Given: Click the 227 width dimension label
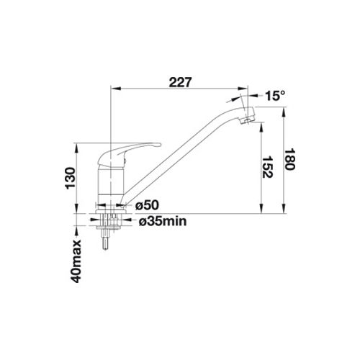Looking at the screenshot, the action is tap(181, 82).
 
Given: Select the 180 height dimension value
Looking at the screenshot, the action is tap(290, 159).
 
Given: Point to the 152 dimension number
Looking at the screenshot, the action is tap(267, 167).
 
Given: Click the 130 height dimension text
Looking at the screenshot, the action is tap(71, 178).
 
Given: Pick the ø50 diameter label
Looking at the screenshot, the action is tap(147, 205).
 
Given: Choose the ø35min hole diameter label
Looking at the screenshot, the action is tap(163, 221).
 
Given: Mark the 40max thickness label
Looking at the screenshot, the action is tap(76, 261).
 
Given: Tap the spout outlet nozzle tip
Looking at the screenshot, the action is tap(247, 117).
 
